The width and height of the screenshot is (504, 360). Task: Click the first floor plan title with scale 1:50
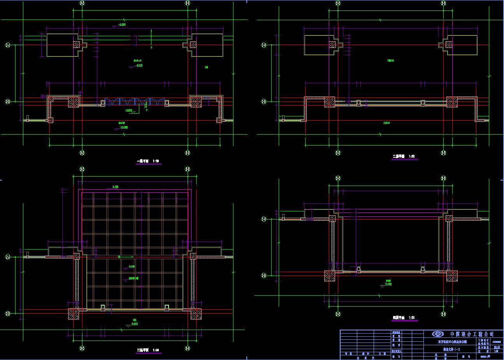point(148,161)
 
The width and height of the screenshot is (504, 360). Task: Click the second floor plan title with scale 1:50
point(404,156)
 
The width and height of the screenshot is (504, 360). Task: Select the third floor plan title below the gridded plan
point(148,350)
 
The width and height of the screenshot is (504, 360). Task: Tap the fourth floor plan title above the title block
point(404,318)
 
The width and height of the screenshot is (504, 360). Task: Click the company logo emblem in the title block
point(438,334)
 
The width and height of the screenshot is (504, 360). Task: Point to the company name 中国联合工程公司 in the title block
point(472,334)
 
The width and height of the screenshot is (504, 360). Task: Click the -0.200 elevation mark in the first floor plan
point(119,25)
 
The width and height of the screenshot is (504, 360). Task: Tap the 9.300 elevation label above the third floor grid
point(116,187)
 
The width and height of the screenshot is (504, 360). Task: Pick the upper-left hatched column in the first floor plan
point(77,44)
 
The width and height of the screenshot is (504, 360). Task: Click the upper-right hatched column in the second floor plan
point(448,45)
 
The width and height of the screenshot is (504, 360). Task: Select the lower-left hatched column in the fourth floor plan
point(330,276)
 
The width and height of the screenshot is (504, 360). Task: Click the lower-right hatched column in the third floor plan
point(195,314)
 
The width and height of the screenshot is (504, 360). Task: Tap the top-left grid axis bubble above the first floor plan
point(82,3)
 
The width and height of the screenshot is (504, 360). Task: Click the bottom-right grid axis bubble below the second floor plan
point(443,153)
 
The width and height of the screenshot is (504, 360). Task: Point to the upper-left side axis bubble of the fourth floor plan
point(264,219)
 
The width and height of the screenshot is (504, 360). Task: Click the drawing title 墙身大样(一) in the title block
point(451,349)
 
